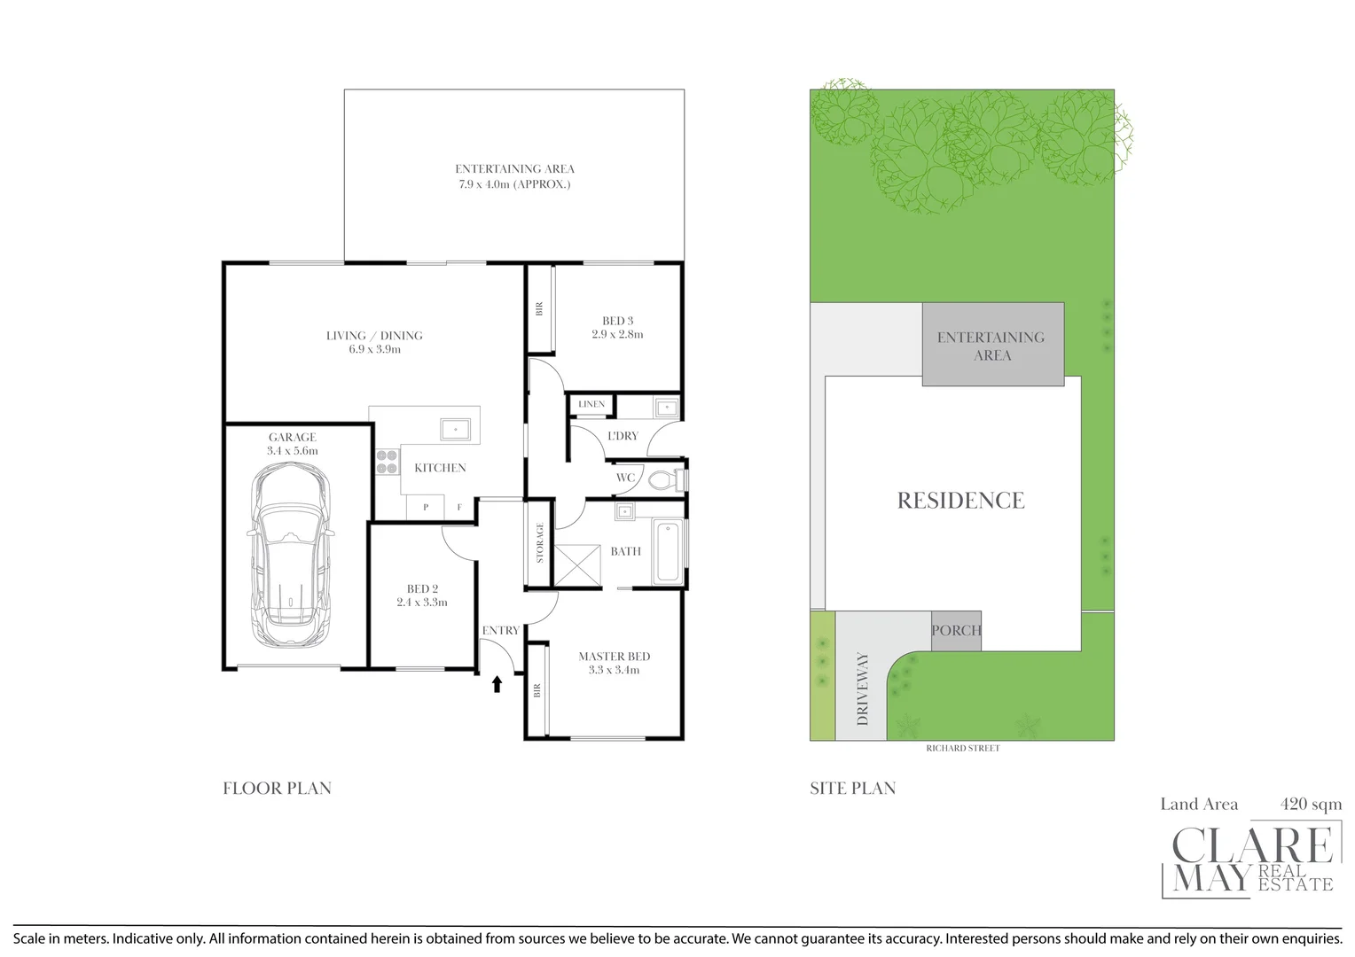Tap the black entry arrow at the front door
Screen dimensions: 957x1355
[497, 683]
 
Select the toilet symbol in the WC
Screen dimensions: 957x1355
[662, 480]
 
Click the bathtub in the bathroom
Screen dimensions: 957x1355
[667, 552]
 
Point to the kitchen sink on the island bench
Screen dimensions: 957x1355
[456, 430]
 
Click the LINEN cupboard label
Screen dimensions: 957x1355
[591, 404]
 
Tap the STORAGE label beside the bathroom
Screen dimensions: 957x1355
[539, 543]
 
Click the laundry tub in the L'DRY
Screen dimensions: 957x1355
[666, 408]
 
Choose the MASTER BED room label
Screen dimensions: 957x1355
[614, 657]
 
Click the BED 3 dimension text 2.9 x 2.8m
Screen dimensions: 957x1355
[617, 335]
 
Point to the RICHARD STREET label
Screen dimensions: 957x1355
[962, 749]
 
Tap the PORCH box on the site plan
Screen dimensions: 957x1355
[956, 631]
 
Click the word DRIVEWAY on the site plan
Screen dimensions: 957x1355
[863, 689]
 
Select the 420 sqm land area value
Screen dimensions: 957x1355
[1311, 805]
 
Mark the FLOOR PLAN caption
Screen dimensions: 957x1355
[277, 789]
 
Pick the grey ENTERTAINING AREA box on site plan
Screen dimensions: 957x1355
[991, 346]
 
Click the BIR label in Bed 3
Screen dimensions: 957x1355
[539, 309]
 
